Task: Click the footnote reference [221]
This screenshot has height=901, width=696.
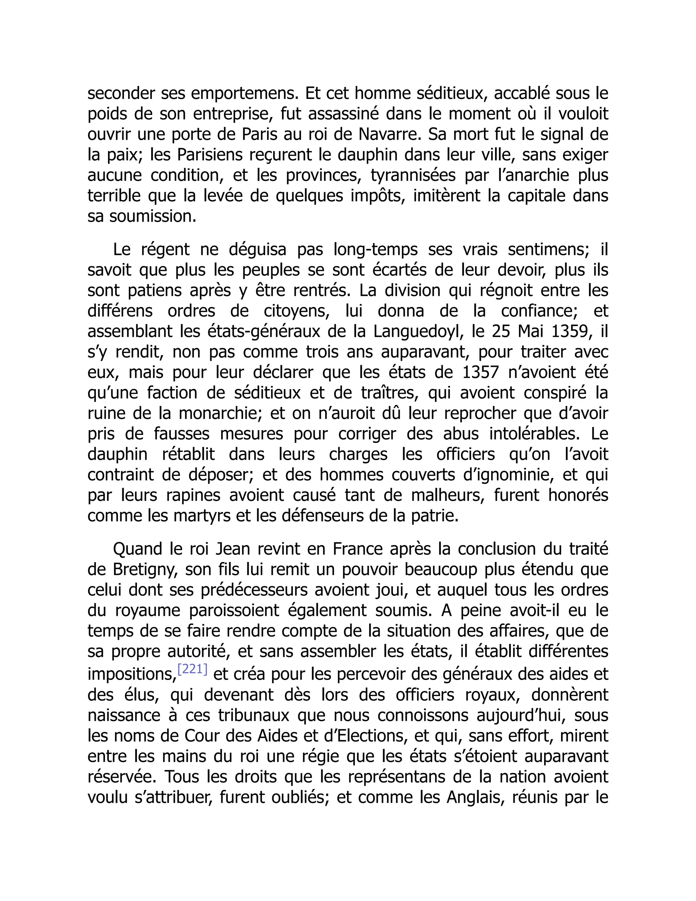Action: [192, 669]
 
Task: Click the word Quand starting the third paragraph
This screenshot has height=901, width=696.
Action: [137, 549]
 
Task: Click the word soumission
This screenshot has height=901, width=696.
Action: [153, 217]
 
